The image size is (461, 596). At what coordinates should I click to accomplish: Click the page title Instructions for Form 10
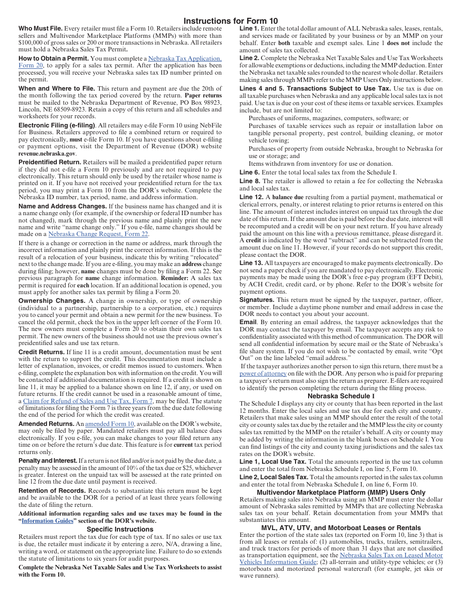coord(230,21)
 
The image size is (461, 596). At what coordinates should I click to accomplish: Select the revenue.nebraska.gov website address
coord(47,153)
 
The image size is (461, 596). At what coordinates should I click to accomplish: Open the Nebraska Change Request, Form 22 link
coord(98,234)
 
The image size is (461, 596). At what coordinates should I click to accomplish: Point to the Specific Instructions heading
coord(120,529)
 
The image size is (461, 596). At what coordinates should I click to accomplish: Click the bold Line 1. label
coord(249,29)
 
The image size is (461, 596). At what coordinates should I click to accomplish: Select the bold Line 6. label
coord(249,172)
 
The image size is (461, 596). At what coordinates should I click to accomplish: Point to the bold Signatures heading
coord(257,299)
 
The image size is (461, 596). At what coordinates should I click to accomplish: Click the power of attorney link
coord(263,374)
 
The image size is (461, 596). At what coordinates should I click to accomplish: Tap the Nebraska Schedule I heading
coord(341,396)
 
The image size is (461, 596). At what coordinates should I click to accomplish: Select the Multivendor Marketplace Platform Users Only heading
coord(341,492)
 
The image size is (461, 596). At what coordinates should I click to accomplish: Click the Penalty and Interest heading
coord(48,460)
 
